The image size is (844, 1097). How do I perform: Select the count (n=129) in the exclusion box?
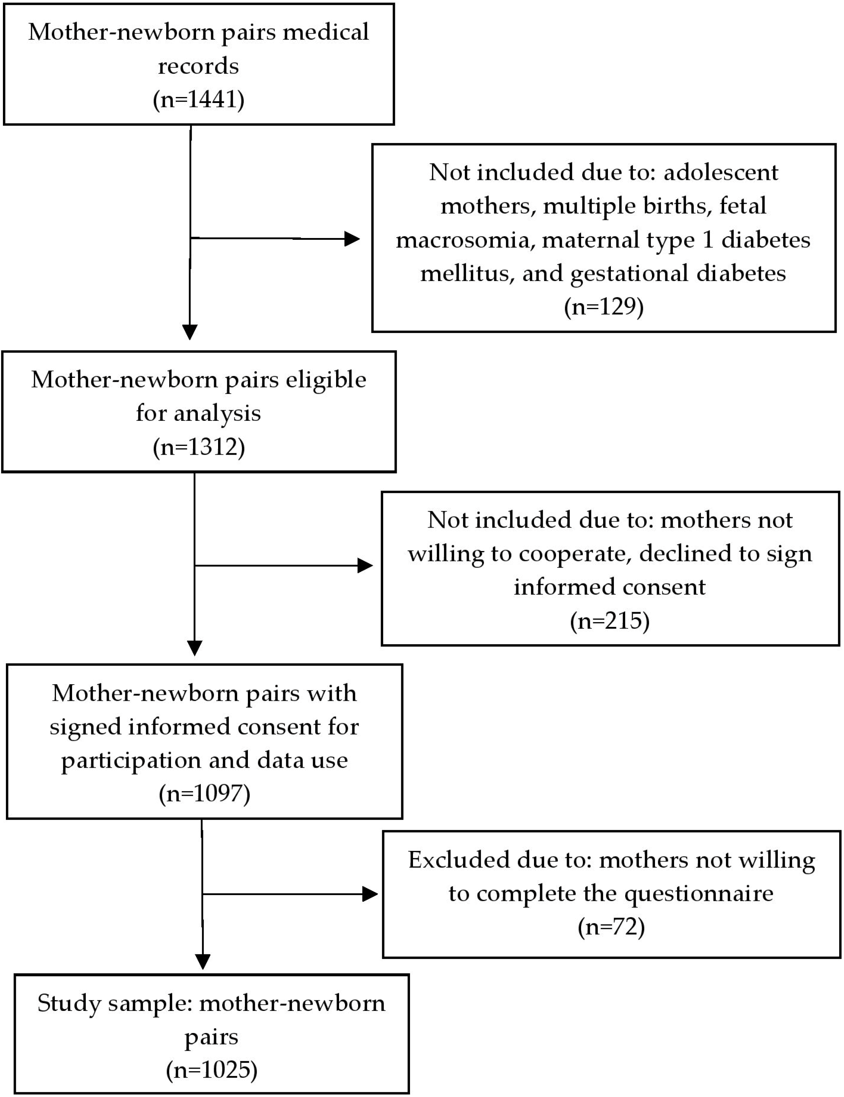pos(603,306)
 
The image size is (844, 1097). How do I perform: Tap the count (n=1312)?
pos(199,447)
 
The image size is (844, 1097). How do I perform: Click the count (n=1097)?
pos(204,793)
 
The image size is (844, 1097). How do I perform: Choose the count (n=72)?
pos(611,927)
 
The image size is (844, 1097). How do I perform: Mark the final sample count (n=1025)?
pos(211,1070)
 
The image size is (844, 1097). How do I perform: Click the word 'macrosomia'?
pos(462,239)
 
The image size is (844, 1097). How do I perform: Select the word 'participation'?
pos(131,760)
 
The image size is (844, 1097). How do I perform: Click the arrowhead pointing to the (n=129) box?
pos(352,239)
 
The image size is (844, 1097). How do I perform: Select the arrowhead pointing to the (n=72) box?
pos(370,894)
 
